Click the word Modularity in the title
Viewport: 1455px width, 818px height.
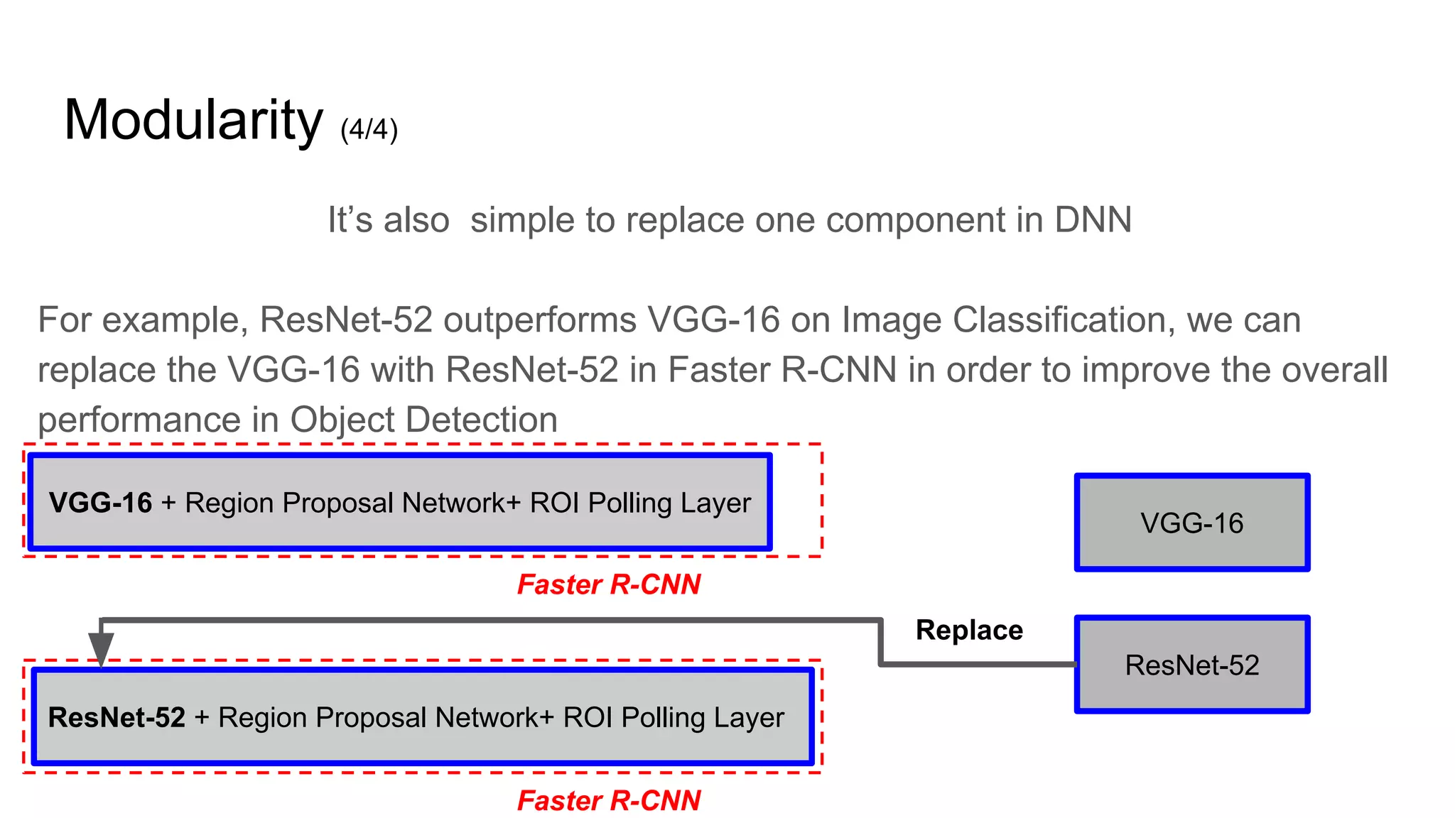[x=193, y=121]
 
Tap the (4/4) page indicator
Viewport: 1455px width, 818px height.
[x=369, y=130]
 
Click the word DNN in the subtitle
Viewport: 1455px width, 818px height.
[x=1093, y=220]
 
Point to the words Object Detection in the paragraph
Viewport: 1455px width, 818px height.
[x=423, y=420]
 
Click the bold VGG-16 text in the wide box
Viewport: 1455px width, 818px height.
[x=100, y=503]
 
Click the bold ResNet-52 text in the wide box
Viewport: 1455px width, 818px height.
[x=117, y=717]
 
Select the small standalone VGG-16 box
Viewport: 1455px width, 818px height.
[x=1191, y=523]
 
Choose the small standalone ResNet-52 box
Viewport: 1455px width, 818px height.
[x=1191, y=665]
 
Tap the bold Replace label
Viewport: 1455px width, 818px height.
[x=969, y=631]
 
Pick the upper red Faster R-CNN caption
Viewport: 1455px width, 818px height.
[x=609, y=585]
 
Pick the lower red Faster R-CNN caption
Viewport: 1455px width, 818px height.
[x=609, y=801]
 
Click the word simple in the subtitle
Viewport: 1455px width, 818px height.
[x=523, y=220]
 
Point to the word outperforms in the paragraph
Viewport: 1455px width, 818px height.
[x=539, y=320]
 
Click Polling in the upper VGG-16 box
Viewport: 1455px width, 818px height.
[x=629, y=503]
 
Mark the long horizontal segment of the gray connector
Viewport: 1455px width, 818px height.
[x=490, y=621]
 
